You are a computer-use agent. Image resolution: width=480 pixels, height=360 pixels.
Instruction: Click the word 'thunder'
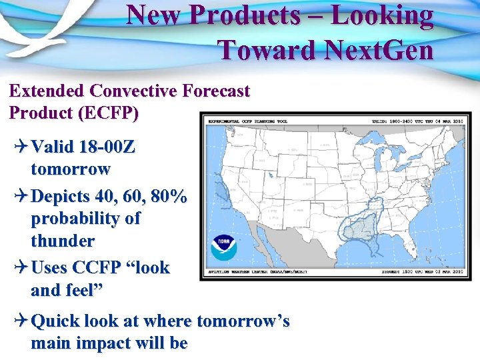click(x=63, y=240)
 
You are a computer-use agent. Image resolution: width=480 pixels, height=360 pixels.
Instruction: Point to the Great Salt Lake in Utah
click(x=271, y=175)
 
